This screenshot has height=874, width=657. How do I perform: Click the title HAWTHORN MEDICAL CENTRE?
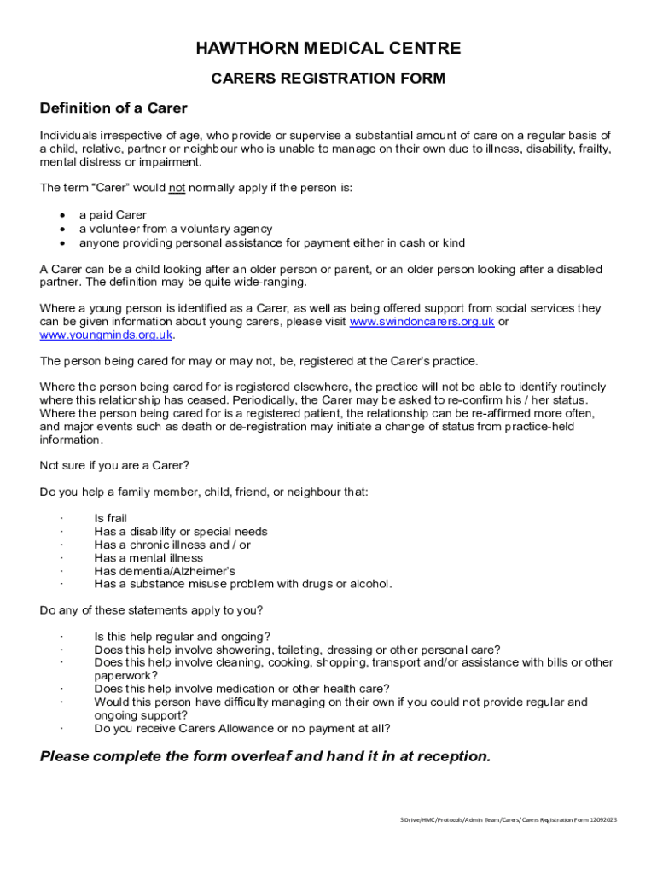328,49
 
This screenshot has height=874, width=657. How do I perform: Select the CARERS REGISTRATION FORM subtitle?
328,79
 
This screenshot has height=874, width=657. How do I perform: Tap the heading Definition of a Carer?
113,108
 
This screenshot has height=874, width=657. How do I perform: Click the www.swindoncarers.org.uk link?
422,322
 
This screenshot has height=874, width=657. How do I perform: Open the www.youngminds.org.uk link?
106,335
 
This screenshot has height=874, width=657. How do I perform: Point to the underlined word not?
177,188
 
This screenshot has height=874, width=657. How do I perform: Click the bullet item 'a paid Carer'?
113,215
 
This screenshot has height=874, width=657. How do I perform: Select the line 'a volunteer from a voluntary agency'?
176,229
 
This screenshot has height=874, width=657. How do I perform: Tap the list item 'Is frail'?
110,518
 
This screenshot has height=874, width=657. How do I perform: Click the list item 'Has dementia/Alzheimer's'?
165,571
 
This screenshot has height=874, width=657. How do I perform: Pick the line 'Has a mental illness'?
148,558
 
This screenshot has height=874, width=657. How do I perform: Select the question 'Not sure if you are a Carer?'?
114,465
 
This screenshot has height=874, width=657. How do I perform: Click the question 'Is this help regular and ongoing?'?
183,636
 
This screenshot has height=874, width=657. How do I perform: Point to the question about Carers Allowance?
242,728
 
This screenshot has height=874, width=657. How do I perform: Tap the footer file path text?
509,819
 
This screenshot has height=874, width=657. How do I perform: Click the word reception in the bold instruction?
447,756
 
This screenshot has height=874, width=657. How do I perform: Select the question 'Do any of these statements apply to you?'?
151,610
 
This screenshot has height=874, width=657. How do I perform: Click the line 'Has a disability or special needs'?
180,532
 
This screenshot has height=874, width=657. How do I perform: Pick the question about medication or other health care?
241,689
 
